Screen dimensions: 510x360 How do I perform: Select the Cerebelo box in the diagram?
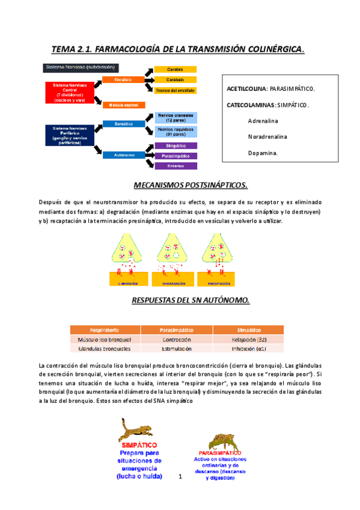(x=175, y=79)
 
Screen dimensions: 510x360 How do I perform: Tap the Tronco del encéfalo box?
(x=175, y=90)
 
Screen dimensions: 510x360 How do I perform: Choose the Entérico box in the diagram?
(x=175, y=165)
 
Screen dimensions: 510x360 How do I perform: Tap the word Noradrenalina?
(x=267, y=137)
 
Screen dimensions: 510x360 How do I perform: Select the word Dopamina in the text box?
(x=263, y=153)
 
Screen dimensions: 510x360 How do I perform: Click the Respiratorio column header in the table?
(x=105, y=330)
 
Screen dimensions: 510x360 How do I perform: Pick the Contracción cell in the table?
(x=176, y=339)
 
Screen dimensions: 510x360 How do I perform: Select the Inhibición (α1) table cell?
(x=249, y=348)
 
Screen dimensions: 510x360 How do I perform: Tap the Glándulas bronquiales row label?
(x=105, y=348)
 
